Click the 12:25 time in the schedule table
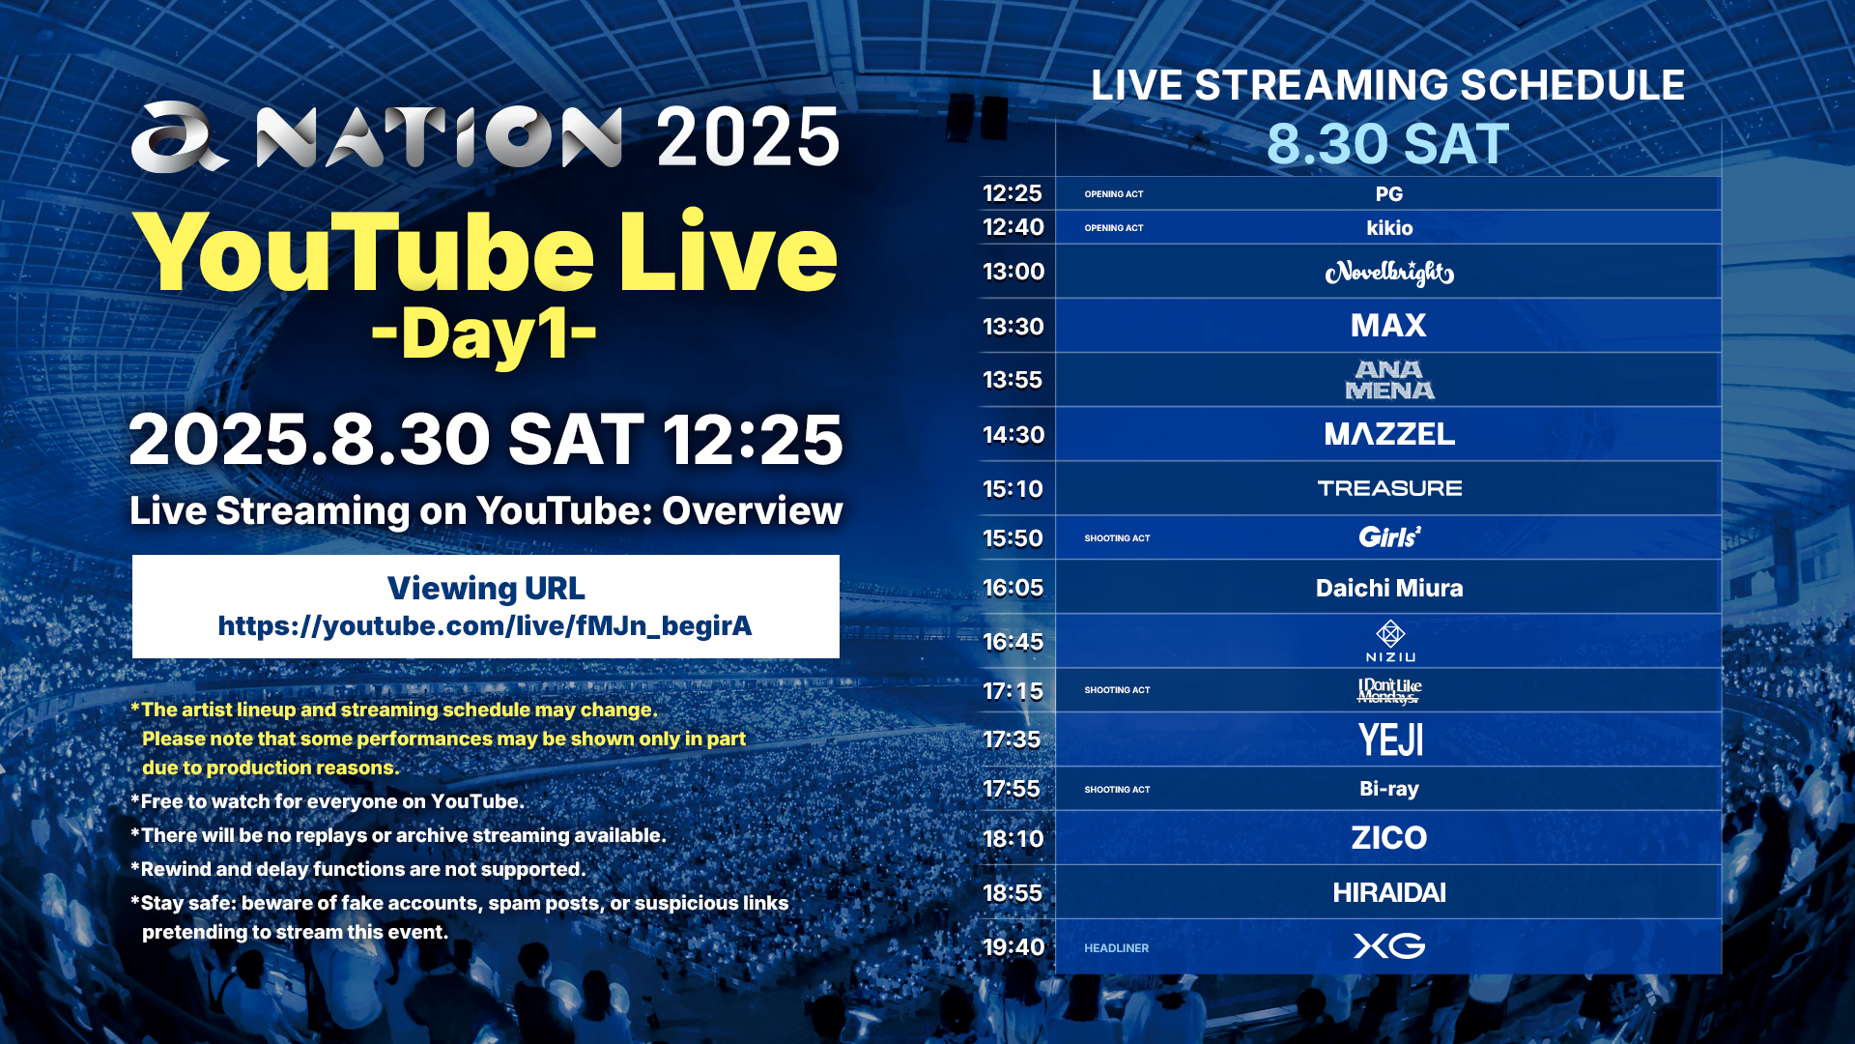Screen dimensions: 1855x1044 [1013, 193]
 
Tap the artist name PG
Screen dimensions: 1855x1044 [1389, 194]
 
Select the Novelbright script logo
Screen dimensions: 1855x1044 [1389, 274]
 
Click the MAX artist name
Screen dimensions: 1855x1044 [1388, 326]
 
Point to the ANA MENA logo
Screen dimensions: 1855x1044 [1389, 380]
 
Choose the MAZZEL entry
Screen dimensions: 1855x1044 [1389, 434]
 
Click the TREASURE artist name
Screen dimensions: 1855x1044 [1389, 488]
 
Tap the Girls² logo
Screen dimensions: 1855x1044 [1389, 536]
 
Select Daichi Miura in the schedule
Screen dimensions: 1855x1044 [1389, 588]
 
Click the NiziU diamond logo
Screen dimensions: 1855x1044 [1390, 634]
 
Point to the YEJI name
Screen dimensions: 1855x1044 [1390, 740]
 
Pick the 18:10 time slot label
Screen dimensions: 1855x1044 [1013, 839]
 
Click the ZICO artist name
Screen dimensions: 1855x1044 [1389, 838]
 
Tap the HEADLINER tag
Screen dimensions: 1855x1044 [1116, 948]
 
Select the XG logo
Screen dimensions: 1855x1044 [1389, 946]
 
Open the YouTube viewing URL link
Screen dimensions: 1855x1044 [485, 626]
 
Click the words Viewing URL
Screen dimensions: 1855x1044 [486, 588]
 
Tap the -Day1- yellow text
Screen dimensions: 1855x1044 [484, 334]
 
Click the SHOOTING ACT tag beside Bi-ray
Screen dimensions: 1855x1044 [1117, 790]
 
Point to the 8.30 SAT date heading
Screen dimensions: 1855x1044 [1387, 144]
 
